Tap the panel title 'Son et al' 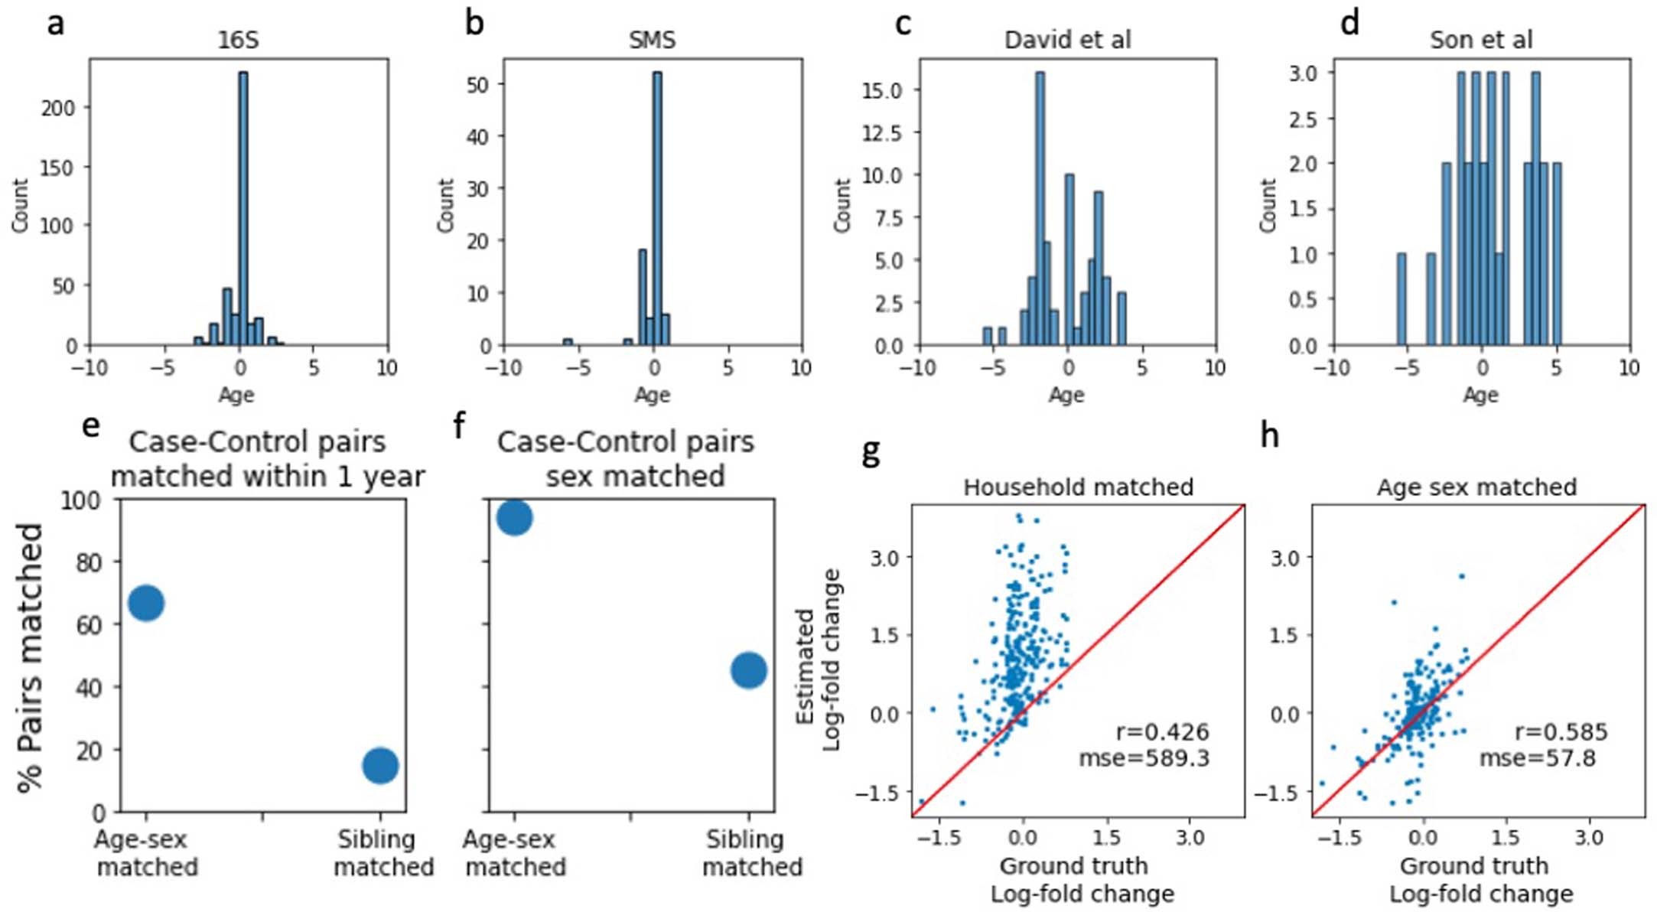click(x=1481, y=40)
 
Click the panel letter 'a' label click(x=55, y=23)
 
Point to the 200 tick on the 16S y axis click(x=58, y=108)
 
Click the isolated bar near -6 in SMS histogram click(x=568, y=342)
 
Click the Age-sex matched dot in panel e click(x=146, y=603)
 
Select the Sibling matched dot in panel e click(x=380, y=765)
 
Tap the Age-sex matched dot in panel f click(x=514, y=518)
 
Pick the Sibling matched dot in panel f click(x=748, y=670)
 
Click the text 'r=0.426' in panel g click(x=1162, y=732)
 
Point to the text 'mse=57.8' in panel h click(x=1537, y=758)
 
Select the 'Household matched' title click(x=1078, y=487)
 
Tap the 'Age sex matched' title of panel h click(x=1476, y=487)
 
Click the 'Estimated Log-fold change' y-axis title click(x=819, y=660)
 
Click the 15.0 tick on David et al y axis click(x=882, y=90)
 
